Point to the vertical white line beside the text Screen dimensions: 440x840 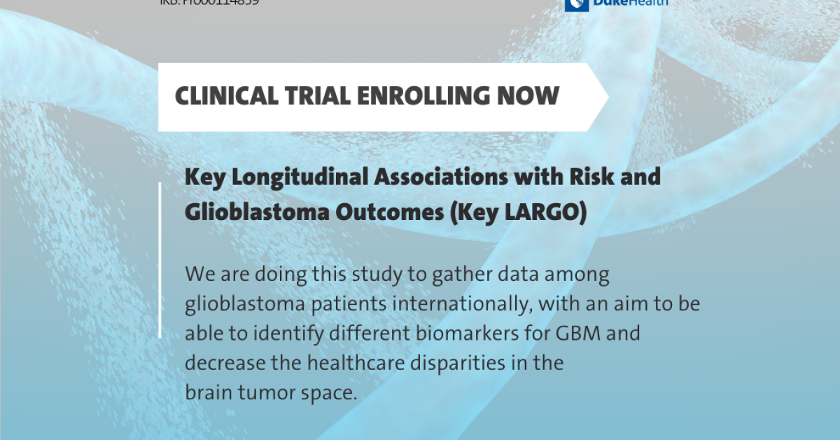pyautogui.click(x=160, y=259)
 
